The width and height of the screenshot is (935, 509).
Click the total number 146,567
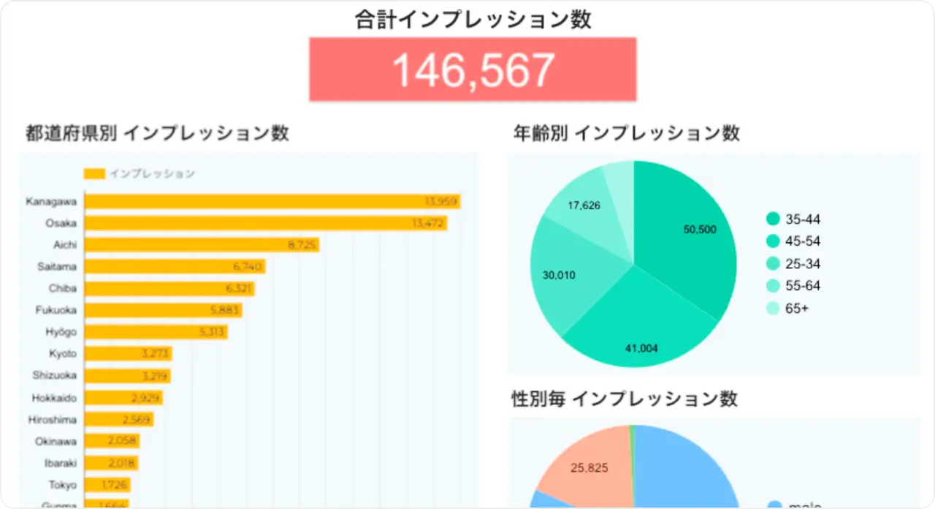click(473, 70)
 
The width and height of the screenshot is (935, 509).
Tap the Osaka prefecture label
click(61, 223)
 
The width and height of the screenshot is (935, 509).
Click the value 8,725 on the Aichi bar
click(302, 245)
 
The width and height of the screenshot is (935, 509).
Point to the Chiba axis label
click(63, 288)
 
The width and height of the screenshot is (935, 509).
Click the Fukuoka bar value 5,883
click(224, 310)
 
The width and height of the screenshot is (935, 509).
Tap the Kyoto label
click(63, 354)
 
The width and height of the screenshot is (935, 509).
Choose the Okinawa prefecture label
click(56, 441)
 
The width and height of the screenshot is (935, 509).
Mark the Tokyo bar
click(106, 484)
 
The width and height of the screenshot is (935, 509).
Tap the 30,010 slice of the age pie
click(570, 278)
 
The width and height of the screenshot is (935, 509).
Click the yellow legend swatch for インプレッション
click(94, 174)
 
